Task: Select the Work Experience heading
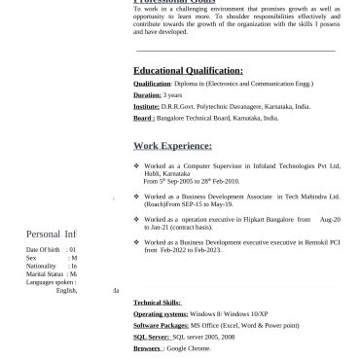click(x=172, y=146)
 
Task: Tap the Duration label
click(x=147, y=95)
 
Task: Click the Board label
click(x=143, y=118)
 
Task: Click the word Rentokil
click(x=316, y=241)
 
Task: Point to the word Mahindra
click(x=309, y=194)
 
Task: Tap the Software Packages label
click(x=161, y=325)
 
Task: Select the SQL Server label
click(x=150, y=336)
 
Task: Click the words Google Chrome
click(x=183, y=347)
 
